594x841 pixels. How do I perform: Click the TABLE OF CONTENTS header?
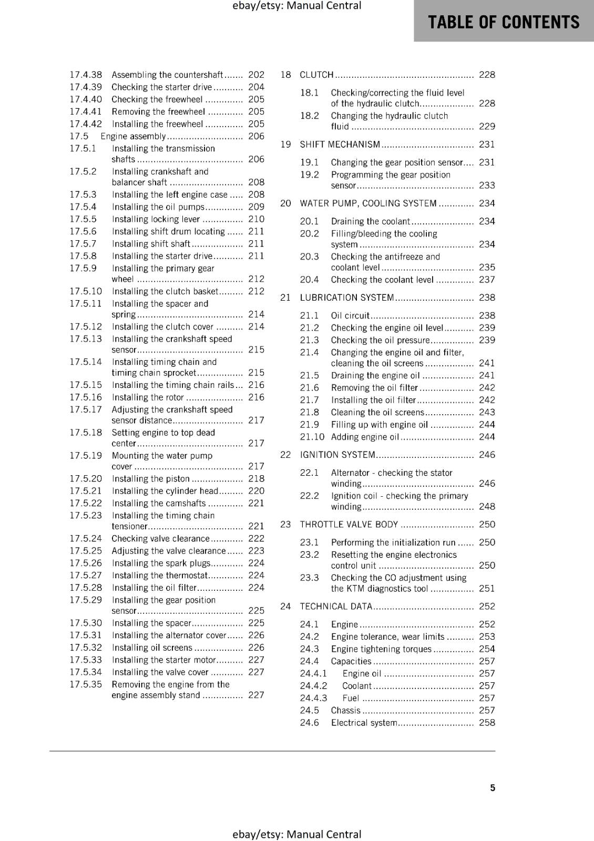[x=503, y=22]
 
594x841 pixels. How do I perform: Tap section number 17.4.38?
[x=86, y=75]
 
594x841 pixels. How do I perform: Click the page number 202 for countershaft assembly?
[x=256, y=75]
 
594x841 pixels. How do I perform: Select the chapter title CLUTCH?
[x=316, y=75]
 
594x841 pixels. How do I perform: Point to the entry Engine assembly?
[x=134, y=136]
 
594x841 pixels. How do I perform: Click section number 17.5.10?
[x=86, y=291]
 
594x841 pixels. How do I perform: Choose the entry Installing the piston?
[x=150, y=479]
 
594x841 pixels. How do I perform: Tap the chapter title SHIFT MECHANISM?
[x=340, y=145]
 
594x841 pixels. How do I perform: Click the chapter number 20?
[x=285, y=203]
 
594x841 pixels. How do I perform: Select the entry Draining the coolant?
[x=370, y=221]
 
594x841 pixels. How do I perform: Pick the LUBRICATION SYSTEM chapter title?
[x=346, y=298]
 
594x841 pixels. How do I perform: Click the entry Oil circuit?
[x=350, y=315]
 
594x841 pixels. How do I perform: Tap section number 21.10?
[x=312, y=437]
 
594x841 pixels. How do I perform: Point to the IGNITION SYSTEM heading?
[x=337, y=455]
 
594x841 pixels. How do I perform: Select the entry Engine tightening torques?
[x=381, y=649]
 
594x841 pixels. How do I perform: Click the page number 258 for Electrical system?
[x=487, y=723]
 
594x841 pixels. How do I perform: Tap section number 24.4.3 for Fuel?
[x=313, y=698]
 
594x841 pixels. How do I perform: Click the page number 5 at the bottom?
[x=493, y=787]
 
